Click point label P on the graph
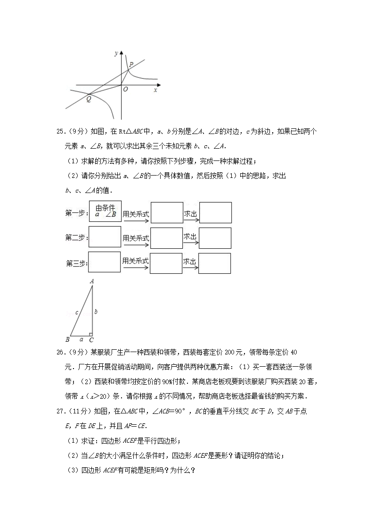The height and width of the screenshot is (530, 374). pos(131,64)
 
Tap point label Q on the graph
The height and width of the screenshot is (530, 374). pos(88,99)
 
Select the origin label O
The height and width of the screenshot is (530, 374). pos(125,89)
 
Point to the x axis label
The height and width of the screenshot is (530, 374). pos(155,90)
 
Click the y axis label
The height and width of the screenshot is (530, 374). pos(116,53)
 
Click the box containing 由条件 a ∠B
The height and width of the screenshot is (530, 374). pos(106,211)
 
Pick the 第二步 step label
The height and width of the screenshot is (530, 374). pos(76,238)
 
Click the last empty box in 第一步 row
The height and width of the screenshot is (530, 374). pos(215,212)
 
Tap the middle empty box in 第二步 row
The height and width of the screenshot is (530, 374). pos(166,238)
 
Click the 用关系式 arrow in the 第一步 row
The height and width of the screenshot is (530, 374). pos(136,216)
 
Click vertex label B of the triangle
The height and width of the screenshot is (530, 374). pos(67,339)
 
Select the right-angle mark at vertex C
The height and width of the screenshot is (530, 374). pos(90,334)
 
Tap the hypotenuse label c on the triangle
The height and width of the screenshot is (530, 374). pos(77,312)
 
